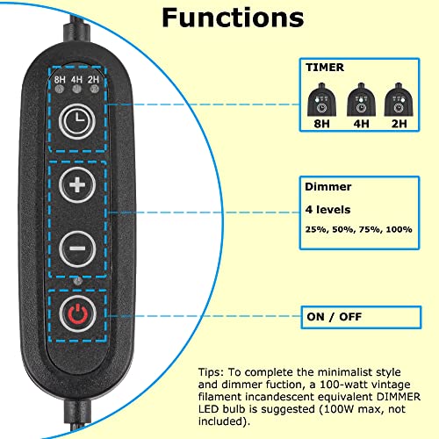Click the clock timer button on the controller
pyautogui.click(x=77, y=121)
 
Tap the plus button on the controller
pyautogui.click(x=77, y=185)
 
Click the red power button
pyautogui.click(x=78, y=313)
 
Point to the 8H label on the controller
pyautogui.click(x=60, y=80)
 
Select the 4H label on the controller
pyautogui.click(x=76, y=80)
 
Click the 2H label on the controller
pyautogui.click(x=94, y=80)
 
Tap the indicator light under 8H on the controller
pyautogui.click(x=60, y=89)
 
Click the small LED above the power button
pyautogui.click(x=77, y=281)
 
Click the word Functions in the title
pyautogui.click(x=233, y=18)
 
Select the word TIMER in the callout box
pyautogui.click(x=325, y=68)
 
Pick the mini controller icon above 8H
pyautogui.click(x=321, y=99)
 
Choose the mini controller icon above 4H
pyautogui.click(x=361, y=99)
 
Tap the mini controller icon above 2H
pyautogui.click(x=399, y=99)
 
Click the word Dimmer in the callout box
pyautogui.click(x=328, y=187)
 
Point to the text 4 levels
pyautogui.click(x=327, y=210)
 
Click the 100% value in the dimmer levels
pyautogui.click(x=399, y=229)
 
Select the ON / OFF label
pyautogui.click(x=335, y=317)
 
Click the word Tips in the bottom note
pyautogui.click(x=211, y=372)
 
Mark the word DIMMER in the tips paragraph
pyautogui.click(x=399, y=397)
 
